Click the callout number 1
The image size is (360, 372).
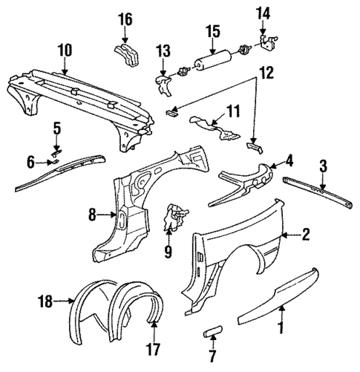coord(281,324)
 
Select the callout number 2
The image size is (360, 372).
coord(304,235)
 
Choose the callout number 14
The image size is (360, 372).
coord(264,13)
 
